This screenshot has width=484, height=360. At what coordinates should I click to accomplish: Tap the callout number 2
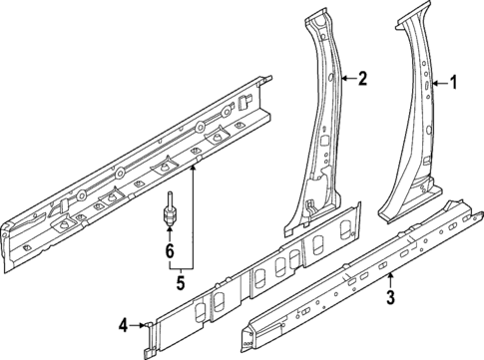(363, 78)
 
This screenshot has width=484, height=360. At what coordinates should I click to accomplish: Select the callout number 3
(391, 296)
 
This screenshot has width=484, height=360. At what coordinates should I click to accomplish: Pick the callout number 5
(181, 282)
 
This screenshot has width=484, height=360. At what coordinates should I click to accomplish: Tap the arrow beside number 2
(347, 78)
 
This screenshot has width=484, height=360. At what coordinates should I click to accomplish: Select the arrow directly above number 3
(391, 277)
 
